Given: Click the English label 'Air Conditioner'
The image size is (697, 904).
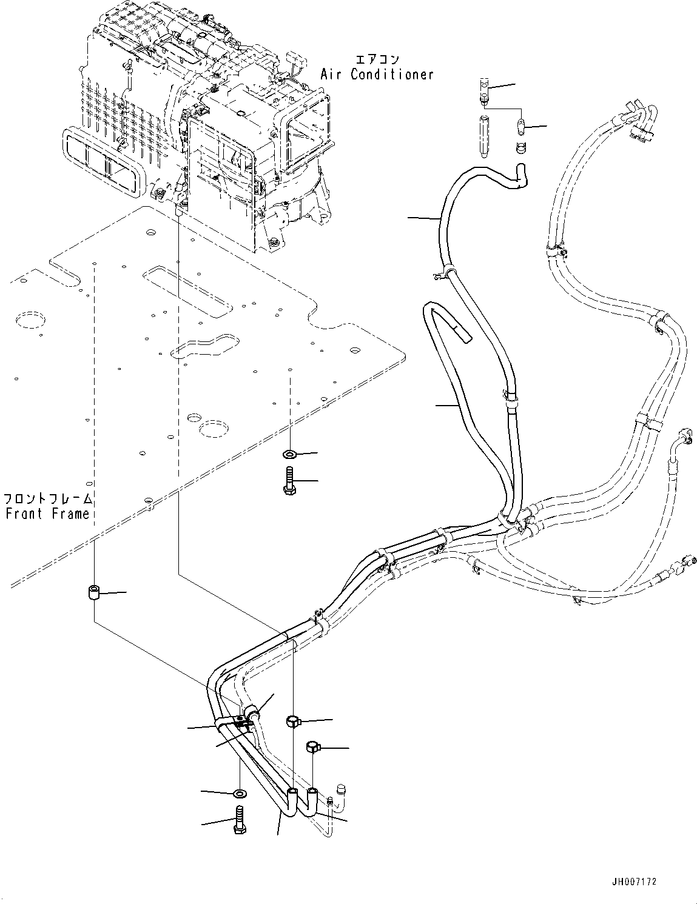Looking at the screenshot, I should pos(377,75).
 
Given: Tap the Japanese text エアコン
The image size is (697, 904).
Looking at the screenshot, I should pos(377,59).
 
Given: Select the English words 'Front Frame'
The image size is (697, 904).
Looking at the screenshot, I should pos(47,514).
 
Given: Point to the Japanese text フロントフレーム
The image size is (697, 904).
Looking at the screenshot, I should pos(49,499).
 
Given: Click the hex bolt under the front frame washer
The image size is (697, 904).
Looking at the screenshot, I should pos(289,481).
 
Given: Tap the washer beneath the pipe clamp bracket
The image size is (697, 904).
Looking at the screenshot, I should pos(240,792).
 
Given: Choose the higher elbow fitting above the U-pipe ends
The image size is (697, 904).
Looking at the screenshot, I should pos(292,721).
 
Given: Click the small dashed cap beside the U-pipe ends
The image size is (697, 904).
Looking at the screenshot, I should pos(341,789).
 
